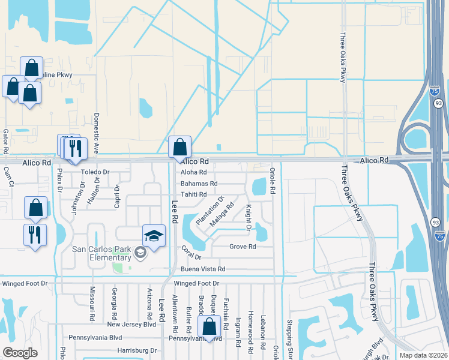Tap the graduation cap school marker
(154, 236)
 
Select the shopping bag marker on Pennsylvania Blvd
(209, 328)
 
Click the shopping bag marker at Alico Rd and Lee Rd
(179, 147)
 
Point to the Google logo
(20, 353)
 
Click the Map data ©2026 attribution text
(424, 355)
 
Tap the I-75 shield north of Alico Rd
(435, 91)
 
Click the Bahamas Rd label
(199, 183)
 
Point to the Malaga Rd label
(221, 214)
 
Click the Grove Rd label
(243, 247)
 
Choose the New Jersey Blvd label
(131, 324)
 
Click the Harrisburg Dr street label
(136, 350)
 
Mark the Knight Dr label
(248, 217)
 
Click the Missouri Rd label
(92, 302)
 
